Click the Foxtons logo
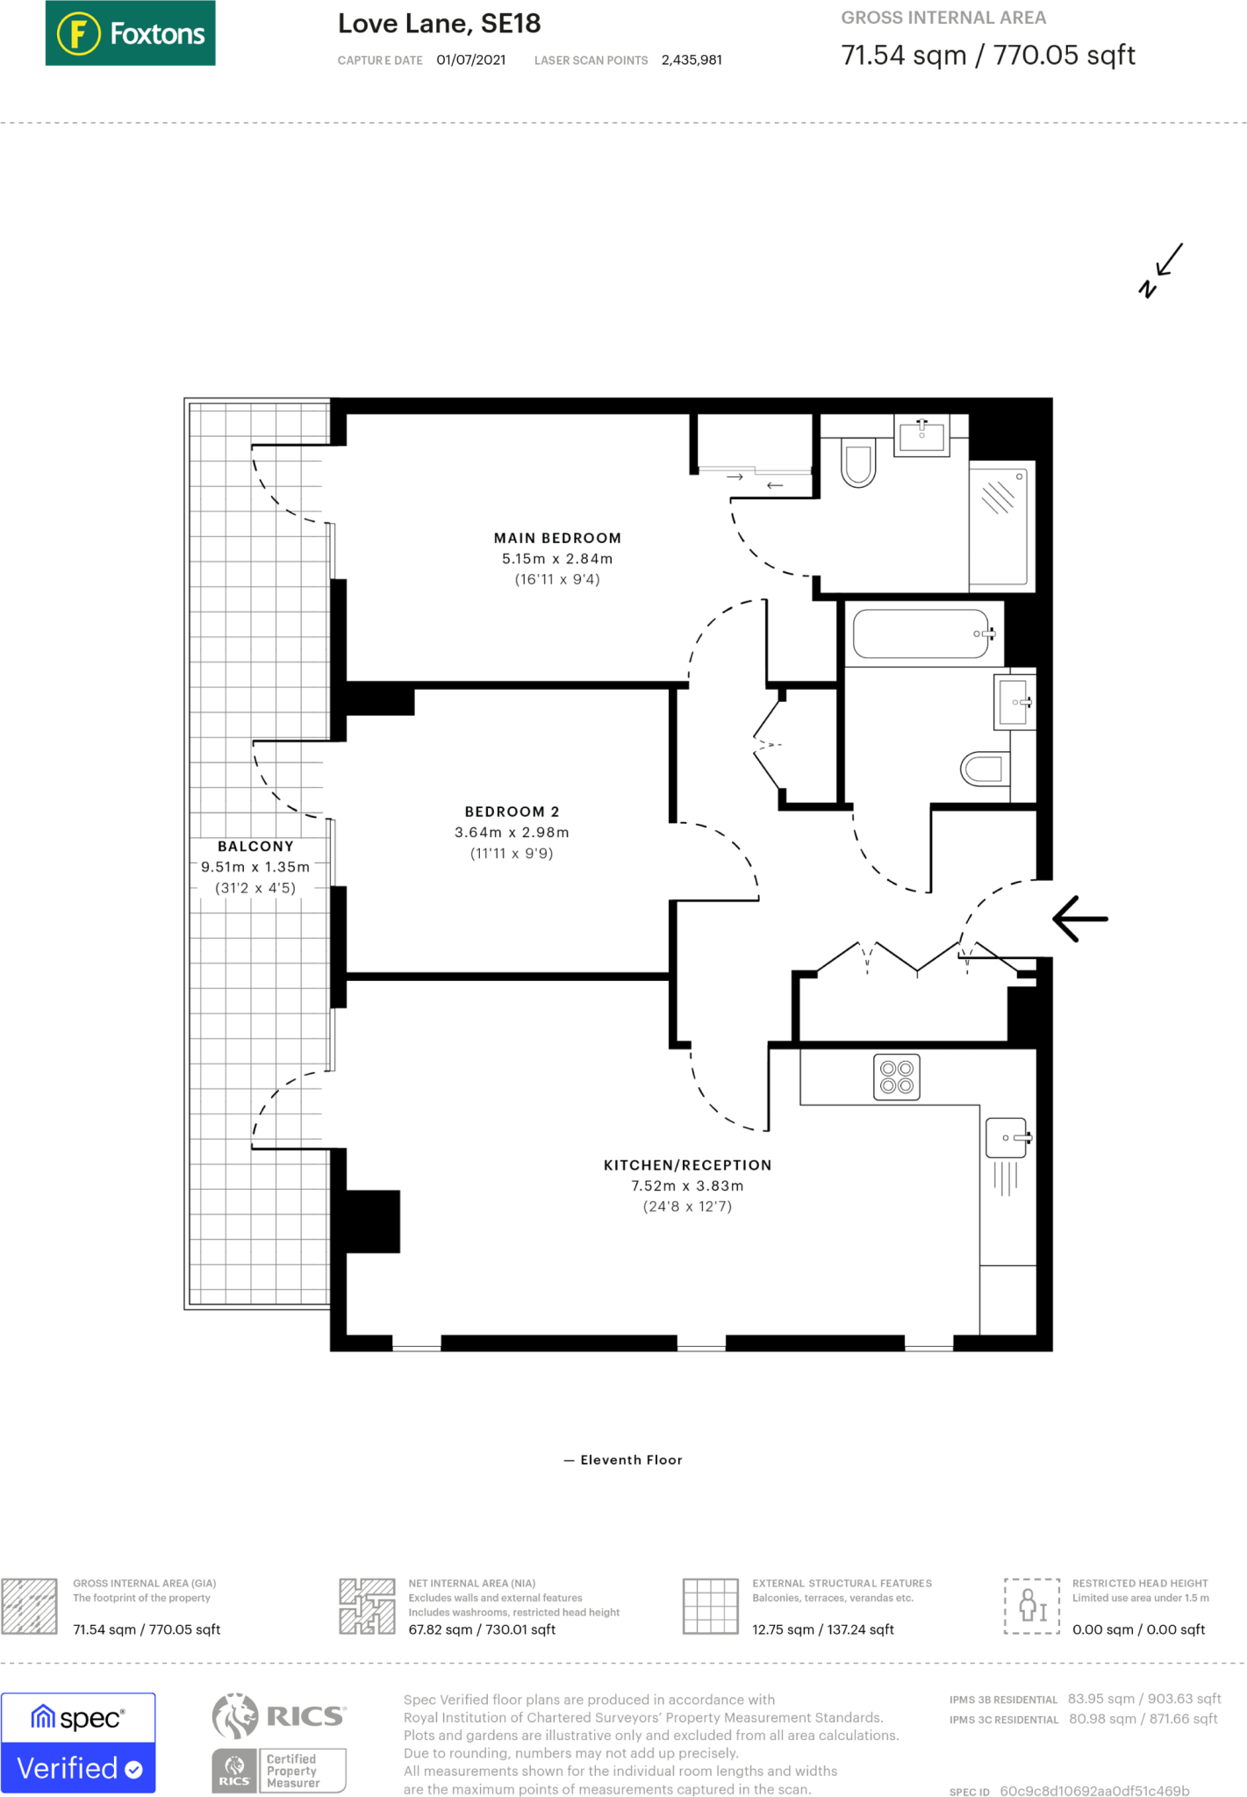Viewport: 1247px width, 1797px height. coord(130,33)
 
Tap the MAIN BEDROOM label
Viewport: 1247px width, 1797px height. coord(557,538)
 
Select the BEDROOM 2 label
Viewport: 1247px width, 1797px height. coord(512,812)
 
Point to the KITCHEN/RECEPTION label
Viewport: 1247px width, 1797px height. coord(687,1165)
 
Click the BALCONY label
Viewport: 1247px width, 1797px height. coord(255,847)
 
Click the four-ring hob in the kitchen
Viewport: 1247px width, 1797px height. coord(897,1077)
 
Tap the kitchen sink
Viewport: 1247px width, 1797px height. coord(1007,1138)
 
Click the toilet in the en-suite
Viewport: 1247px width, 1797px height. coord(858,463)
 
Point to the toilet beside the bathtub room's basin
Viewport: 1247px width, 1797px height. coord(985,770)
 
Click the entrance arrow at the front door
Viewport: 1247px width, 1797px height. coord(1080,919)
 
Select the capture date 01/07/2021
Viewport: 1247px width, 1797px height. coord(471,61)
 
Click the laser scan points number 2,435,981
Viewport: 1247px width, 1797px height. coord(692,61)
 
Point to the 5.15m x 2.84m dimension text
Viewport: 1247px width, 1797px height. coord(557,559)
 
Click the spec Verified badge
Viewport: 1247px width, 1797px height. coord(78,1743)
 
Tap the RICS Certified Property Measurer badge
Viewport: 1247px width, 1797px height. coord(280,1743)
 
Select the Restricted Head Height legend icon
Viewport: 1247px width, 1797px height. coord(1032,1606)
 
